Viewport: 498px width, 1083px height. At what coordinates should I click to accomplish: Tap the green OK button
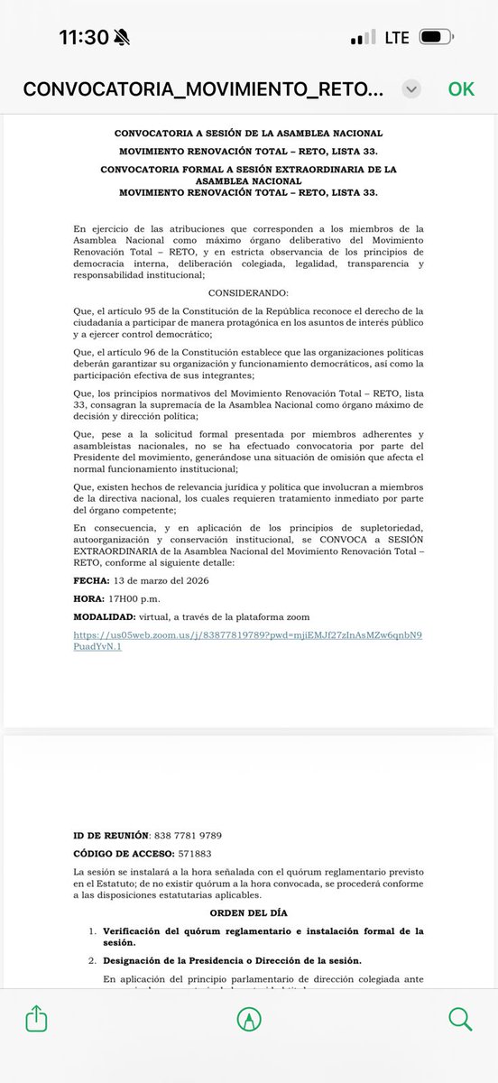point(461,88)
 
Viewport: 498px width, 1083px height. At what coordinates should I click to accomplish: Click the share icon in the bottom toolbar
point(36,1019)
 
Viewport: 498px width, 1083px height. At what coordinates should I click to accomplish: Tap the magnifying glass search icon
point(460,1019)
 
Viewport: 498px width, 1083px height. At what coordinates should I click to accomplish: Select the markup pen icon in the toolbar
point(248,1019)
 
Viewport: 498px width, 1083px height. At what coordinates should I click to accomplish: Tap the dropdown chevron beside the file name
point(411,88)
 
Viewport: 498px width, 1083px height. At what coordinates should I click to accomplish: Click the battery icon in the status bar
point(442,37)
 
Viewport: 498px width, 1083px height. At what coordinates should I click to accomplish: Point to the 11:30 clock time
point(84,37)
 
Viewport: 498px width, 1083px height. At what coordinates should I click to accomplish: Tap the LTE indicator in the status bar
point(396,37)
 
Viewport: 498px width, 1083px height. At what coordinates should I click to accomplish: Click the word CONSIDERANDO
point(248,294)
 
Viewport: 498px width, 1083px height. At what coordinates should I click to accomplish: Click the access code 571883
point(199,854)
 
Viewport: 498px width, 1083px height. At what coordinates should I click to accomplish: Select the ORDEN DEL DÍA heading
point(248,913)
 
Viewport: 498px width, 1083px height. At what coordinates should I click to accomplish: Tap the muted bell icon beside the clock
point(123,37)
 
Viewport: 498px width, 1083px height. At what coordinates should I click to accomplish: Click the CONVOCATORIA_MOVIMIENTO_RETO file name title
point(203,88)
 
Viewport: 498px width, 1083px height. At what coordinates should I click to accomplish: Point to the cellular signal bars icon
point(364,38)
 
